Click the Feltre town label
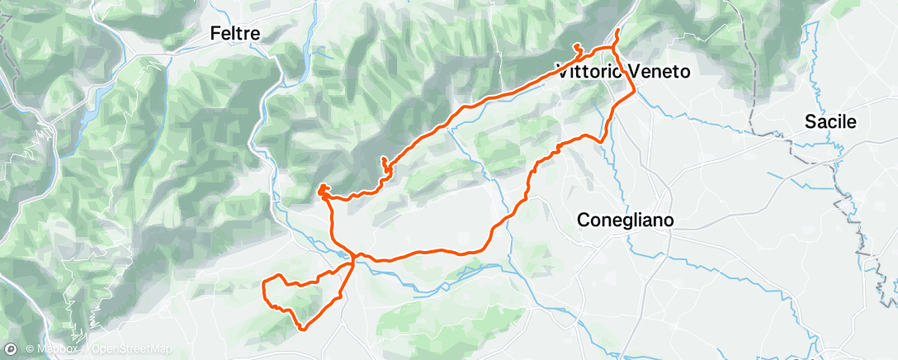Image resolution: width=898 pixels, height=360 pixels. point(234,34)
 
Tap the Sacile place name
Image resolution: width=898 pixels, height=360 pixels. point(831,122)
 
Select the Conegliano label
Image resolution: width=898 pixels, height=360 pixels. point(626,220)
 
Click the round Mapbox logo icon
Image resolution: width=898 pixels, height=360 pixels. point(10,350)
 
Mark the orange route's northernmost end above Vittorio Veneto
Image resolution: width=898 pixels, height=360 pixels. point(617,31)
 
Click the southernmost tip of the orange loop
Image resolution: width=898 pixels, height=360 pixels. point(302,329)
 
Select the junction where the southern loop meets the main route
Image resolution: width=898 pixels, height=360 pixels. point(353,263)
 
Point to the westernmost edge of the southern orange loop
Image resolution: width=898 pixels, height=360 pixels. point(263,286)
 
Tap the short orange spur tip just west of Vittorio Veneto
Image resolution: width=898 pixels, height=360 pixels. point(576,45)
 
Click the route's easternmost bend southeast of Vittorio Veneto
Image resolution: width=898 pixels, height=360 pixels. point(634,92)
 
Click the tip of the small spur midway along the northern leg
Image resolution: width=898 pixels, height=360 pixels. point(383,158)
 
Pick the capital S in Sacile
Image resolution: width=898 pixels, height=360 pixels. point(811,122)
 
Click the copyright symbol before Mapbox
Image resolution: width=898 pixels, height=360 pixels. point(30,350)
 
